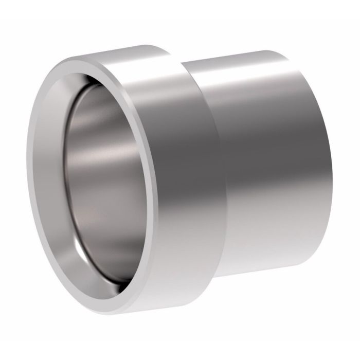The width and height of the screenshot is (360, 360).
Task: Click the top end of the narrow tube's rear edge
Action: (x=267, y=50)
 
